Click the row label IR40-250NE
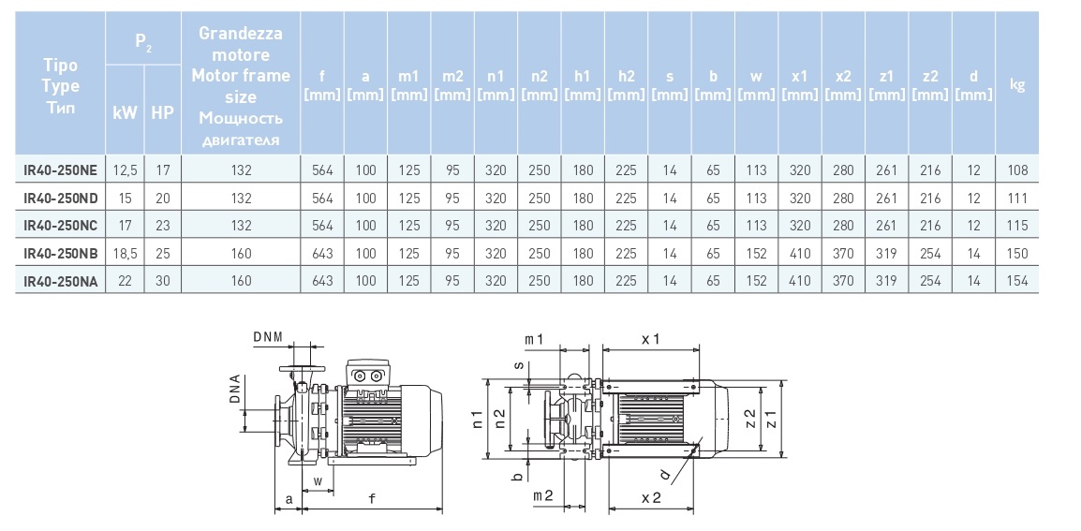click(60, 170)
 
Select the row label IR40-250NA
click(60, 281)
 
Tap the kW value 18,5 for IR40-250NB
click(125, 254)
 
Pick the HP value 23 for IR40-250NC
click(162, 226)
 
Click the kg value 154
click(1017, 281)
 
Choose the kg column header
click(1017, 85)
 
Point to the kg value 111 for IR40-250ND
click(1017, 199)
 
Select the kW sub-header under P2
click(125, 111)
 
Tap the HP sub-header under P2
click(163, 111)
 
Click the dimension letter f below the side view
click(372, 499)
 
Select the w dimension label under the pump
click(318, 480)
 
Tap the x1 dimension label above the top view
click(652, 337)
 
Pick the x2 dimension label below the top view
click(652, 499)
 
